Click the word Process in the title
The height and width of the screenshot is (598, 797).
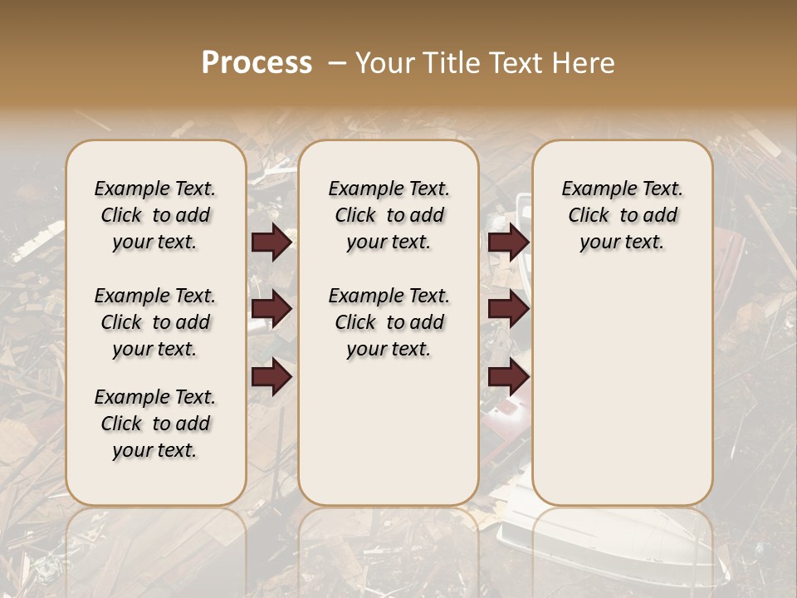(x=257, y=63)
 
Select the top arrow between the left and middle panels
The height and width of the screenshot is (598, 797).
(x=271, y=242)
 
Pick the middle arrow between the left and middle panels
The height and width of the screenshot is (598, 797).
(x=271, y=309)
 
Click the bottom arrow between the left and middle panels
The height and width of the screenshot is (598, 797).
(x=271, y=376)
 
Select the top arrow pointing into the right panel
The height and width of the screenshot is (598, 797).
(x=508, y=242)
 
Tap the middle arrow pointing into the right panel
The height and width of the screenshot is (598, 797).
(x=508, y=309)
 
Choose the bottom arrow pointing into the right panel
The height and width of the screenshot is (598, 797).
(x=508, y=376)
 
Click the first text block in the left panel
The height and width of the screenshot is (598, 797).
(x=155, y=215)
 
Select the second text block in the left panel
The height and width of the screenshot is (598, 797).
(x=155, y=322)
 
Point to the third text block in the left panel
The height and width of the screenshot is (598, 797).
(x=155, y=424)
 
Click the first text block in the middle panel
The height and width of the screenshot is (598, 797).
(x=389, y=215)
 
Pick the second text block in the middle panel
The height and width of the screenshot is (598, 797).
(x=389, y=322)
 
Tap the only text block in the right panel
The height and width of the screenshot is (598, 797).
(x=622, y=215)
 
